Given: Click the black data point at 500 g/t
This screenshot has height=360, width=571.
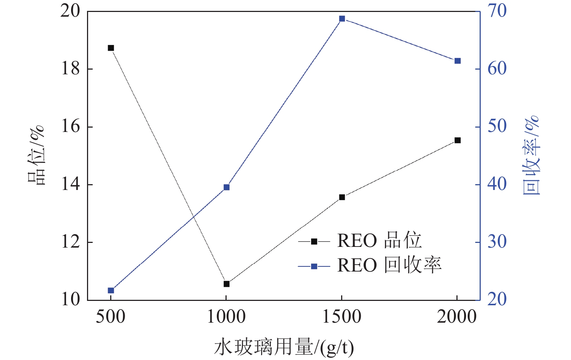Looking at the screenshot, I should click(111, 48).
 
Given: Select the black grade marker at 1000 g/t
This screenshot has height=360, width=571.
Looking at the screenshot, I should click(227, 284).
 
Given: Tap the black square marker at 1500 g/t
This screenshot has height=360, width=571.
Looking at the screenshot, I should click(342, 197).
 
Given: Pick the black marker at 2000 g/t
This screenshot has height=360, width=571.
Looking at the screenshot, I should click(458, 140).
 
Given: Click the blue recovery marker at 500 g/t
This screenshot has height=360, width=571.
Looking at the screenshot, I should click(111, 290).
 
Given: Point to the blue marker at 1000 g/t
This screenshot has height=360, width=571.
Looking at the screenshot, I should click(227, 187).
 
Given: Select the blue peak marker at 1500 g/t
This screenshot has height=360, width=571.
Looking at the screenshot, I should click(342, 19).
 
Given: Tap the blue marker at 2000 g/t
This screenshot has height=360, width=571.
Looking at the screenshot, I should click(458, 61).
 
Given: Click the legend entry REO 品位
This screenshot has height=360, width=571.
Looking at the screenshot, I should click(379, 241).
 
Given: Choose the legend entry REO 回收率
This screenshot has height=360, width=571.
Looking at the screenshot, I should click(389, 266).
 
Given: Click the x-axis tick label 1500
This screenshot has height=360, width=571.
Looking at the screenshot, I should click(342, 317).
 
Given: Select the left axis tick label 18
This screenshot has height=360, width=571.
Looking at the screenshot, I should click(70, 69).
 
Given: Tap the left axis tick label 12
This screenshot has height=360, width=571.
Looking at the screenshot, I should click(70, 242).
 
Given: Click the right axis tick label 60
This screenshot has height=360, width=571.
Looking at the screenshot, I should click(497, 69).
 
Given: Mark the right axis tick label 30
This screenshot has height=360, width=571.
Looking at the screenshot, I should click(497, 242).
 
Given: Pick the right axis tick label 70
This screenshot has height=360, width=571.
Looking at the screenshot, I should click(497, 11).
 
